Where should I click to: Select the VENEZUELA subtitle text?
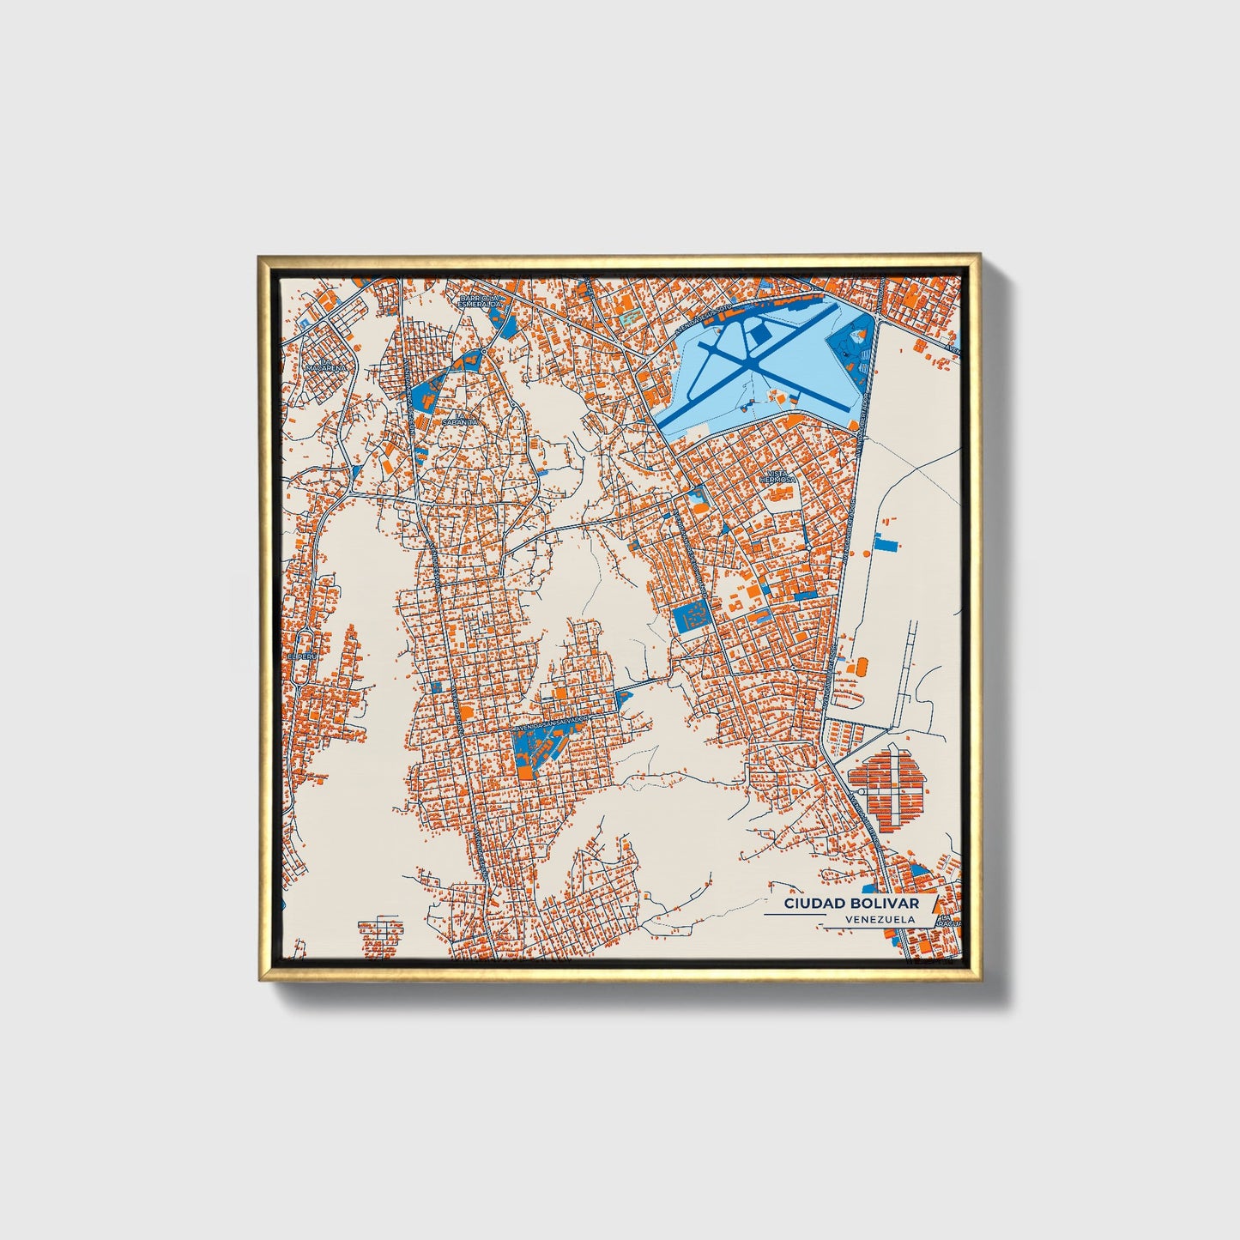click(878, 919)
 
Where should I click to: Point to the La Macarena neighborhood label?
click(330, 363)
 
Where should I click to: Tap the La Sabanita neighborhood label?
click(453, 419)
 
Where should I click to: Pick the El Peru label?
click(297, 656)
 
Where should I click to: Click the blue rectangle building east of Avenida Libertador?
click(884, 541)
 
